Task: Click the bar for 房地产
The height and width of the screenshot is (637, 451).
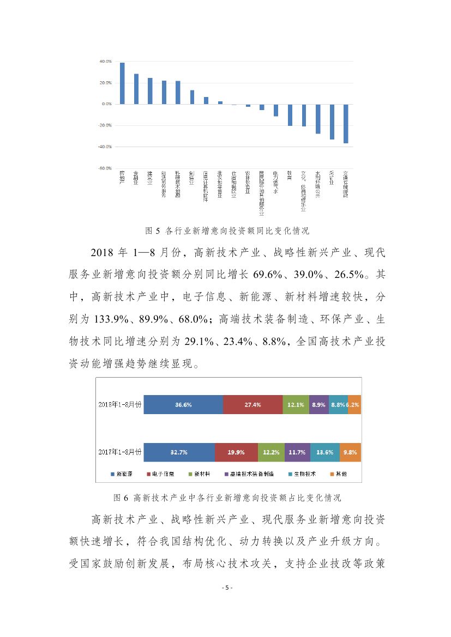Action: (x=122, y=83)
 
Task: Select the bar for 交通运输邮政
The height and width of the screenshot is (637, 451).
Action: (x=346, y=124)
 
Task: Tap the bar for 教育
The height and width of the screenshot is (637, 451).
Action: (x=290, y=115)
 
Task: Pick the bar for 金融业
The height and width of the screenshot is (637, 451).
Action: (x=136, y=89)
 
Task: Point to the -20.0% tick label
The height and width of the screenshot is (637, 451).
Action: (x=105, y=125)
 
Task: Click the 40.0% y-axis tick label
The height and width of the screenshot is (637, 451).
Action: (x=105, y=62)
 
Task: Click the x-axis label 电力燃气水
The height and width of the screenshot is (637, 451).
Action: (x=276, y=183)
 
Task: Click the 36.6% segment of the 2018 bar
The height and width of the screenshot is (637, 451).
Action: (x=183, y=405)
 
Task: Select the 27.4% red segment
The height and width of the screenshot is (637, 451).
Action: (x=253, y=405)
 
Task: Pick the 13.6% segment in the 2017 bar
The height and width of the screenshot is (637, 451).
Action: (x=325, y=452)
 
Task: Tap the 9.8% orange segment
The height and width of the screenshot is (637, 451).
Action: (x=350, y=452)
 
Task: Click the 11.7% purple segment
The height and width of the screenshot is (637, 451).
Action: (x=297, y=452)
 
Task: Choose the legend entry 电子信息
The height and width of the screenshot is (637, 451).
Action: (x=160, y=474)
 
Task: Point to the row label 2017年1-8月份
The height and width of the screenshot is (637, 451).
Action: (x=120, y=452)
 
